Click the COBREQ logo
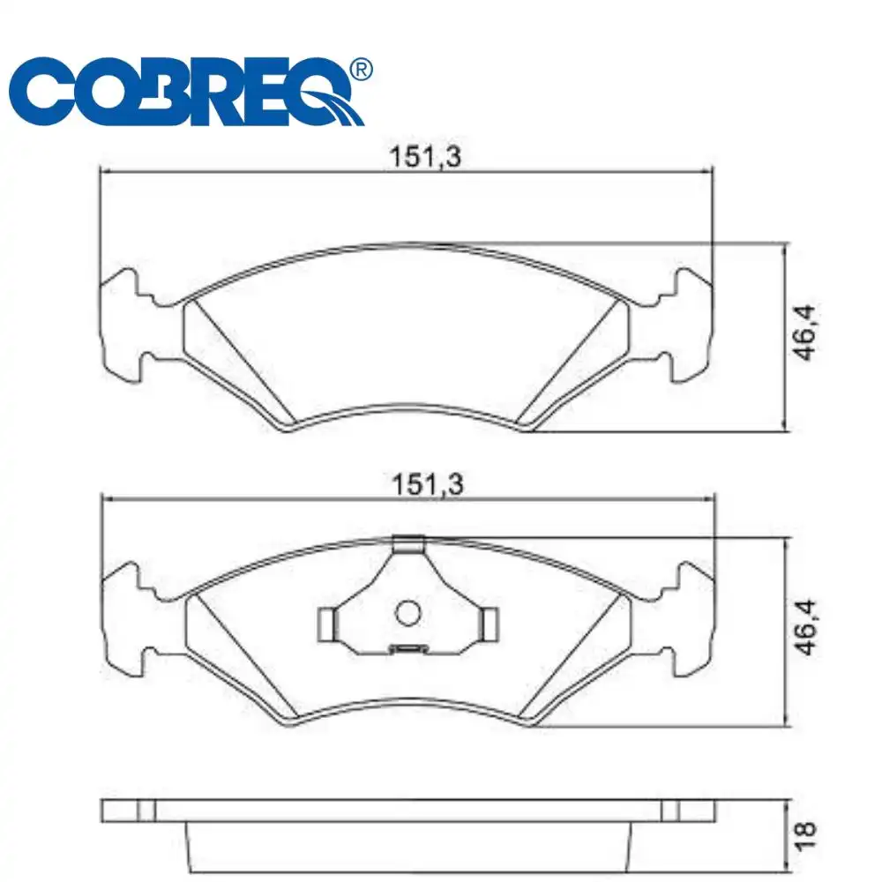[191, 91]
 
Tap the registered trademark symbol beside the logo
[361, 69]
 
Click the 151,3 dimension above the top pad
[425, 156]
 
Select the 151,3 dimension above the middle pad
[428, 484]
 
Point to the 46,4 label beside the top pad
[804, 333]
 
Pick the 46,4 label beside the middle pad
[805, 627]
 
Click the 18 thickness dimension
[805, 835]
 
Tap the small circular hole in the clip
[407, 613]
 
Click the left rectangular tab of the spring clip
[327, 624]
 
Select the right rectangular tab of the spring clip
[490, 624]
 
